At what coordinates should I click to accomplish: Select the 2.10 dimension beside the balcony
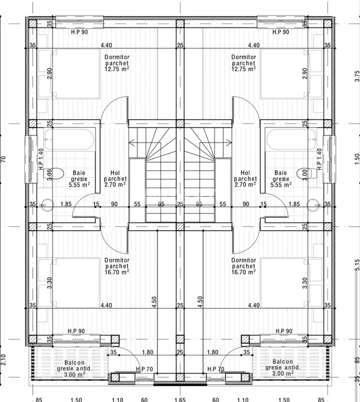coord(5,361)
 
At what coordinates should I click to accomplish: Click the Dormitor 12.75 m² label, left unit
coord(117,63)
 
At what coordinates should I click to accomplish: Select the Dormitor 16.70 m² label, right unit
coord(243,266)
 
